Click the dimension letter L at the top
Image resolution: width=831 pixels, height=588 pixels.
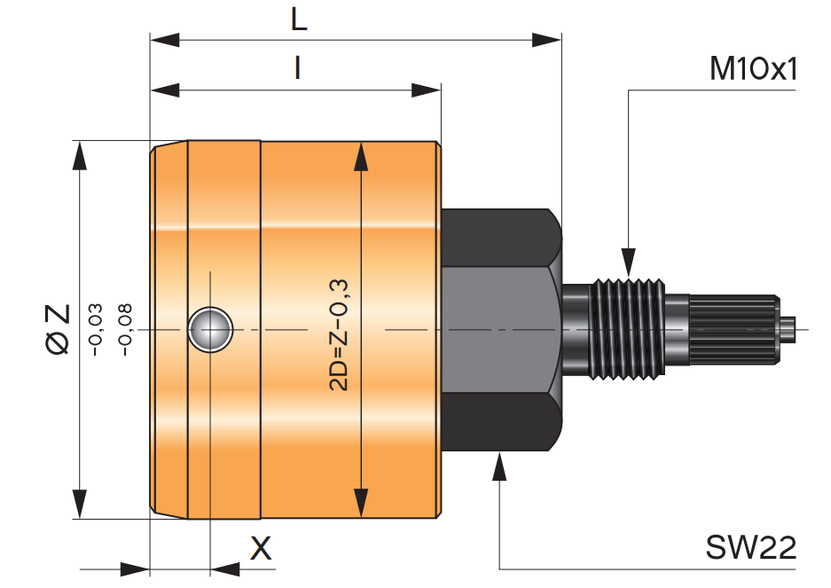coord(299,20)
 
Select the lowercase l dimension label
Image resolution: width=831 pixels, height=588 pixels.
coord(298,68)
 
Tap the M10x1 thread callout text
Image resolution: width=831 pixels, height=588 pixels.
coord(753,69)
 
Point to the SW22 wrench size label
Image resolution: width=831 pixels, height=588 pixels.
coord(750,547)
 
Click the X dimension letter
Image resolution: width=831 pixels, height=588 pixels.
coord(260,548)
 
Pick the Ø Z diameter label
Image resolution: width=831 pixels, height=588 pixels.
coord(58,329)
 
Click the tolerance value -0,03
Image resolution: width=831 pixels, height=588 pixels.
coord(96,329)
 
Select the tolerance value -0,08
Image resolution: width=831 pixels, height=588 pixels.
coord(124,329)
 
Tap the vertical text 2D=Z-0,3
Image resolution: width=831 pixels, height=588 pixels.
coord(338,335)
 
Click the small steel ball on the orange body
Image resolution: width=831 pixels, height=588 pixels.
coord(210,329)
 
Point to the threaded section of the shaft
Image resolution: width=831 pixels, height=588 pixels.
coord(628,329)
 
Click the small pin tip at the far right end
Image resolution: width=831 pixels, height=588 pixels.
coord(788,329)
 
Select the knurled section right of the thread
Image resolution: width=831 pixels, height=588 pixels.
coord(734,329)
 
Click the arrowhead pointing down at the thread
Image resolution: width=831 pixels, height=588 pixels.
coord(629,263)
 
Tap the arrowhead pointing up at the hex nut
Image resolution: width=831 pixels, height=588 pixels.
coord(499,466)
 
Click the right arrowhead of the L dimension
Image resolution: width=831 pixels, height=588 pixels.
coord(547,40)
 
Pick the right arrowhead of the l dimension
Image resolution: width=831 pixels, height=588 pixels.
coord(426,90)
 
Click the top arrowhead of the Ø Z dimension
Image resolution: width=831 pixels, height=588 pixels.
coord(80,156)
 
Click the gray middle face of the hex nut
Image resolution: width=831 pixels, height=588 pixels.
coord(501,329)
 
